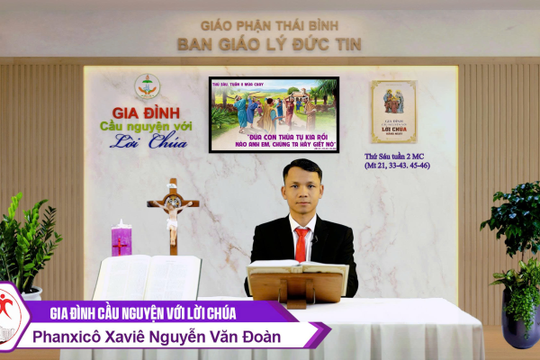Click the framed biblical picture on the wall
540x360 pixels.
(274, 114)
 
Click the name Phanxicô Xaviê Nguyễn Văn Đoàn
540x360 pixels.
(166, 337)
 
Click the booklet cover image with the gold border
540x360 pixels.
(393, 112)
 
